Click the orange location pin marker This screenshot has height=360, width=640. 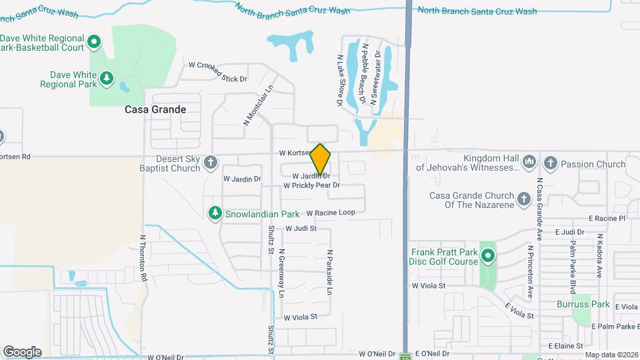(x=321, y=159)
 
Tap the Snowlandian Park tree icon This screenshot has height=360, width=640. (x=215, y=213)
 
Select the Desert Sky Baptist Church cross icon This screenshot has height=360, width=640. (x=211, y=162)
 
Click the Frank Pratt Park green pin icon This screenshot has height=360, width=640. (x=489, y=255)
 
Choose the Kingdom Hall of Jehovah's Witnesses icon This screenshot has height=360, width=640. (x=529, y=161)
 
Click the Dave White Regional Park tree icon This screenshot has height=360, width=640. (x=107, y=79)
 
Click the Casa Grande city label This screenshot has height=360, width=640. (x=155, y=109)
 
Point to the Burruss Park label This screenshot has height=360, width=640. (x=583, y=304)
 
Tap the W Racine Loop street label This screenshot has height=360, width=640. (x=331, y=213)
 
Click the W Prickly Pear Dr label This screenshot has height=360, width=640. (x=311, y=185)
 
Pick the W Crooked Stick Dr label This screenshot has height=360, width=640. (x=218, y=72)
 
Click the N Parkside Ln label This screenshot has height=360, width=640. (x=329, y=273)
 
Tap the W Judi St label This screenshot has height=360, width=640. (x=300, y=228)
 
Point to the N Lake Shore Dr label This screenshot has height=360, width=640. (x=339, y=81)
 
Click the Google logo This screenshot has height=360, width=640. (x=22, y=351)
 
